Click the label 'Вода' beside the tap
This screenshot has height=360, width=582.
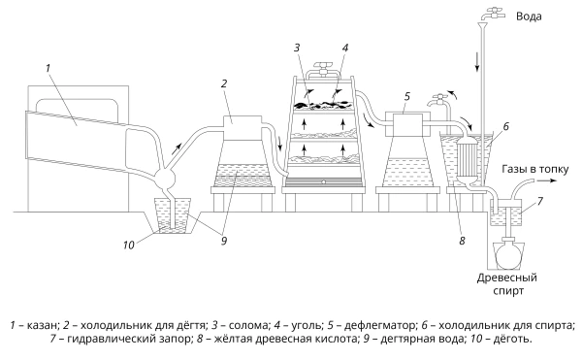click(x=529, y=16)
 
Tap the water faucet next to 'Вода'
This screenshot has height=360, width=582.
click(x=493, y=14)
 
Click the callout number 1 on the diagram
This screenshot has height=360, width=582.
click(x=48, y=68)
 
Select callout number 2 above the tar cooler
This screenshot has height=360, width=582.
click(x=224, y=83)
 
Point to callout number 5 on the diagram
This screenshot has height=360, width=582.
click(x=407, y=96)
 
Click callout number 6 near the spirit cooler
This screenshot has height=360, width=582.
click(x=506, y=126)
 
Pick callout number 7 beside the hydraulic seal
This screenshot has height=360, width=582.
click(x=540, y=201)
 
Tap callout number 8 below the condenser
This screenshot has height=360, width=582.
click(x=462, y=241)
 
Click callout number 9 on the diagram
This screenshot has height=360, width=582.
click(x=224, y=242)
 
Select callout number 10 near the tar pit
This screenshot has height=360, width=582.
click(x=128, y=245)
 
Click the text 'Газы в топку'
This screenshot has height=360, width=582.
click(x=535, y=169)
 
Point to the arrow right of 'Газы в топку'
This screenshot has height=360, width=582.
click(x=547, y=180)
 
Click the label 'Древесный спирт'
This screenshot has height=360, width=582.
click(x=507, y=284)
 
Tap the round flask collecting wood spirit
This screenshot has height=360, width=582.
click(x=507, y=255)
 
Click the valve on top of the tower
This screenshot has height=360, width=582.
click(x=323, y=67)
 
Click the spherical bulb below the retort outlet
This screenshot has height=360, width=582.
click(x=165, y=180)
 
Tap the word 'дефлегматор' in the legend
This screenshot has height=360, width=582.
click(x=379, y=325)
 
